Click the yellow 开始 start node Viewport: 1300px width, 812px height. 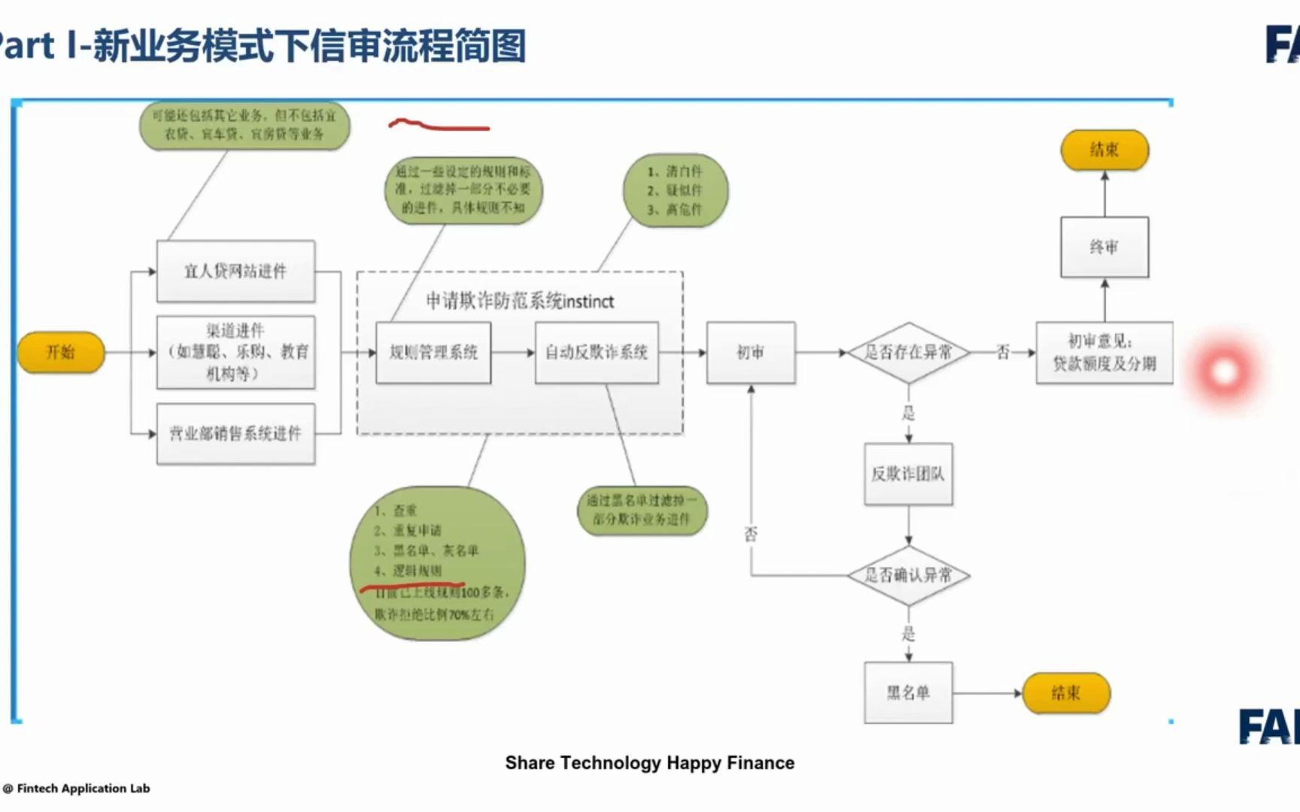[61, 352]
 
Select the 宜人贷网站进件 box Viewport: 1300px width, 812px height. [235, 271]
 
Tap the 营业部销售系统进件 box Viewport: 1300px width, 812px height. [235, 434]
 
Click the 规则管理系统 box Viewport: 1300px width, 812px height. [433, 353]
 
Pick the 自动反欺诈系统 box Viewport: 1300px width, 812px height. [597, 353]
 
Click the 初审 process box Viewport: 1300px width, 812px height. [751, 353]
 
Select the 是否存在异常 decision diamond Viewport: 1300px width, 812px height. [908, 352]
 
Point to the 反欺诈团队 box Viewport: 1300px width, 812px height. [908, 474]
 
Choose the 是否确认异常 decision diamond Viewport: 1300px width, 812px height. [908, 575]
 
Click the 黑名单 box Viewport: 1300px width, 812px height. [908, 692]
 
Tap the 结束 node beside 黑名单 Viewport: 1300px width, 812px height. [1066, 692]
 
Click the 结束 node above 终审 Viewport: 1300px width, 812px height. [1104, 150]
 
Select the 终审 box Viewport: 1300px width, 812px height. [1104, 247]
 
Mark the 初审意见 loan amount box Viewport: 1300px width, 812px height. [1104, 353]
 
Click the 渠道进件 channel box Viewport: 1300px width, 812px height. [235, 352]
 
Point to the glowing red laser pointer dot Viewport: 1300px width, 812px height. [1224, 371]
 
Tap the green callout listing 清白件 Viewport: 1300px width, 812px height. [675, 191]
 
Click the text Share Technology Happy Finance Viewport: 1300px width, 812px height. [649, 762]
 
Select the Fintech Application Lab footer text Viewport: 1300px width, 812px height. [83, 788]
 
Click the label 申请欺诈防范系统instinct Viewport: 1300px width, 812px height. [520, 301]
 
